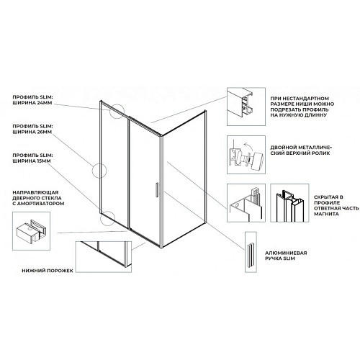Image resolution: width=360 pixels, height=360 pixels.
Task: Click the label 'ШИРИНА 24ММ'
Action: tap(32, 103)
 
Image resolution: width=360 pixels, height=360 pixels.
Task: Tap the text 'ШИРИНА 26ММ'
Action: tap(32, 132)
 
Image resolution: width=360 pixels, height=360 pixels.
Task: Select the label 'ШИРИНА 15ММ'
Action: tap(32, 161)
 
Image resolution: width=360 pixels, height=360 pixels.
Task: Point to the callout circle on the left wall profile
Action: tap(92, 171)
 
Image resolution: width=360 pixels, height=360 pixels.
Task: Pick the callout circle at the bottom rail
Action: tap(101, 218)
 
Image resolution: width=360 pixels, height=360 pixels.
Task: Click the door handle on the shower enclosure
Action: tap(157, 190)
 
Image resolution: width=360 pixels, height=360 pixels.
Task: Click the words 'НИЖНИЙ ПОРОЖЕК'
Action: tap(48, 271)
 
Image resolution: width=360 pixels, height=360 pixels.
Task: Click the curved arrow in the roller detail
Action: tap(247, 145)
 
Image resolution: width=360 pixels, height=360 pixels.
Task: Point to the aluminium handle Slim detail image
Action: tap(251, 252)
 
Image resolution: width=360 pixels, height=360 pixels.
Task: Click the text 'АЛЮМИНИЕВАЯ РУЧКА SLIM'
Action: tap(286, 256)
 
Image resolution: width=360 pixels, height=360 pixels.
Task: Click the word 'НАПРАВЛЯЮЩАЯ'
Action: tap(35, 192)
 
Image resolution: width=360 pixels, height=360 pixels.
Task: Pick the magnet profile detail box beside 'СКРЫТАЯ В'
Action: tap(289, 203)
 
